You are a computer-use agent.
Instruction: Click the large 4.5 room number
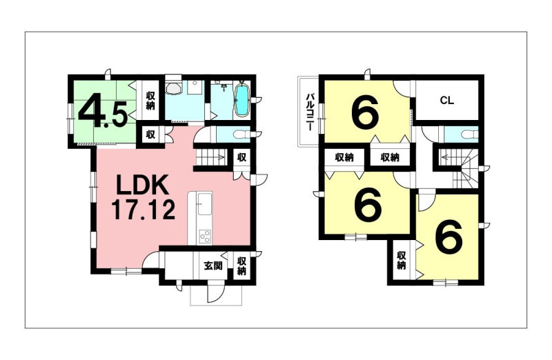[x=103, y=111]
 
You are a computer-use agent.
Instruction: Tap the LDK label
[x=142, y=186]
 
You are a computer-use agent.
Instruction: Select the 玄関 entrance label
[x=213, y=266]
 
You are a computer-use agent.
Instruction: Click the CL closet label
[x=446, y=101]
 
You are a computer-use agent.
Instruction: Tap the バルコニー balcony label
[x=310, y=112]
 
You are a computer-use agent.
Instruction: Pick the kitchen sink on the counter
[x=204, y=206]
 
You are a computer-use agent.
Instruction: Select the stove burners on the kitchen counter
[x=204, y=235]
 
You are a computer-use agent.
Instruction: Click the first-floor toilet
[x=241, y=134]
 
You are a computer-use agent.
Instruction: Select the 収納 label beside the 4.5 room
[x=150, y=101]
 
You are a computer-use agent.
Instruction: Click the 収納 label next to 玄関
[x=241, y=266]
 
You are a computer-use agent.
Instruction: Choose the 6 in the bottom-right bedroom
[x=448, y=235]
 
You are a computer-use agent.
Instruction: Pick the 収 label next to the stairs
[x=241, y=157]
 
